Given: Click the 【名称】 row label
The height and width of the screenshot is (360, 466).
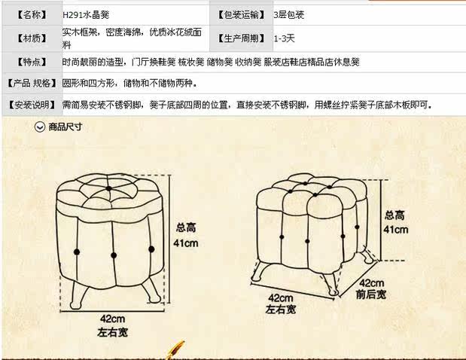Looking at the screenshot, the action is point(32,15).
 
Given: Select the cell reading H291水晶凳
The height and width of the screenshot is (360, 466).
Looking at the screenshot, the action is point(86,15).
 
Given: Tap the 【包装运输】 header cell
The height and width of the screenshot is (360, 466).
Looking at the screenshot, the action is point(242,15).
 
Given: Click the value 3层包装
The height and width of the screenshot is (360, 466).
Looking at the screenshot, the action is point(288,15).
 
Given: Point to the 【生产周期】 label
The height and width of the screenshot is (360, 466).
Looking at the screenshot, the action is point(242,38).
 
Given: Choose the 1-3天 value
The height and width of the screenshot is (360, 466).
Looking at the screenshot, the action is point(284,38).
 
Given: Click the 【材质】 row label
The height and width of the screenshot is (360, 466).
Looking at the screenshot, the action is point(32,38).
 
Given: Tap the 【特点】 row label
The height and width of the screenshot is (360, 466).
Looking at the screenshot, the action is point(32,62).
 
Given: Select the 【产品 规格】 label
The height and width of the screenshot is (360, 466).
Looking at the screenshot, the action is point(32,84).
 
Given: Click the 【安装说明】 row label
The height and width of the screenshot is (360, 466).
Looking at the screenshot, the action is point(32,105).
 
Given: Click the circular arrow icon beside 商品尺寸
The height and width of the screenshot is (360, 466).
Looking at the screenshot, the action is point(40,127).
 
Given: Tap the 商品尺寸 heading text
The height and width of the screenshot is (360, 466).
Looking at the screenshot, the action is point(65,127).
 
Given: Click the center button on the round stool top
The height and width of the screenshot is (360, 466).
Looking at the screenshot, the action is point(108,188).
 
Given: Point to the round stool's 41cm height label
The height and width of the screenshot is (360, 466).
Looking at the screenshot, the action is point(186,243).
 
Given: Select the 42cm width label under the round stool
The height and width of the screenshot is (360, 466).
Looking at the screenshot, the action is point(112,319).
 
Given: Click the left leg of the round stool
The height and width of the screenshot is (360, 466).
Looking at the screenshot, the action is point(78,294).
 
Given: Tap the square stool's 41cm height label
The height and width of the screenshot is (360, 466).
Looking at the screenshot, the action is point(395,230).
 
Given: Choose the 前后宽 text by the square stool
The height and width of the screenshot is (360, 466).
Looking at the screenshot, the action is point(371,294).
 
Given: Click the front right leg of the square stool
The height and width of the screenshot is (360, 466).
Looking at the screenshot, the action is point(330,283).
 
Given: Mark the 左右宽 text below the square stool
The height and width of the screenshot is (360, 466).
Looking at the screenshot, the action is point(281,310).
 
